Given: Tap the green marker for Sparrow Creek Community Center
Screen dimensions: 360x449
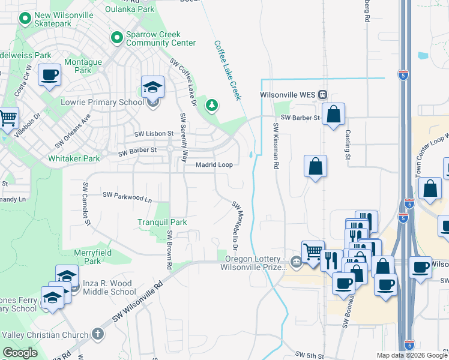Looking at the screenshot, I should (116, 38).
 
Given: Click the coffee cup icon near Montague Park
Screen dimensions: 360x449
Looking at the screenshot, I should (49, 76).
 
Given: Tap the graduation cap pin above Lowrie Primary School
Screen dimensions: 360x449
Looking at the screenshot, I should (152, 86).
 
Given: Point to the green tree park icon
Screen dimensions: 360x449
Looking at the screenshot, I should (211, 106).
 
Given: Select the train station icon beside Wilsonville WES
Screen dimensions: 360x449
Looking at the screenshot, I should (323, 95).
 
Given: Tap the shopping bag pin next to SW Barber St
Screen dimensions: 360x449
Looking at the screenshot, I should (333, 114).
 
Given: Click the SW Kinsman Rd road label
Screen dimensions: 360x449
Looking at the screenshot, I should (276, 145).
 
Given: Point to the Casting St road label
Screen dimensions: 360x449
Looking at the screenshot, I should (347, 146).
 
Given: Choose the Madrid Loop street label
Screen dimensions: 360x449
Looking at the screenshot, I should (214, 165).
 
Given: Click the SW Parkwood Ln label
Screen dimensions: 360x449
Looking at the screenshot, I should (127, 196).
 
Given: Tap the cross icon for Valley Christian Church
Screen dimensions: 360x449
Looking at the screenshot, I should (98, 334).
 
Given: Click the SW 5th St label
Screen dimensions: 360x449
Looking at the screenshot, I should (310, 355).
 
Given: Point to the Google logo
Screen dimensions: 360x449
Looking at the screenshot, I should (20, 353).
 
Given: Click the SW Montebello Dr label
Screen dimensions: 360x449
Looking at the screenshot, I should (236, 226).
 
